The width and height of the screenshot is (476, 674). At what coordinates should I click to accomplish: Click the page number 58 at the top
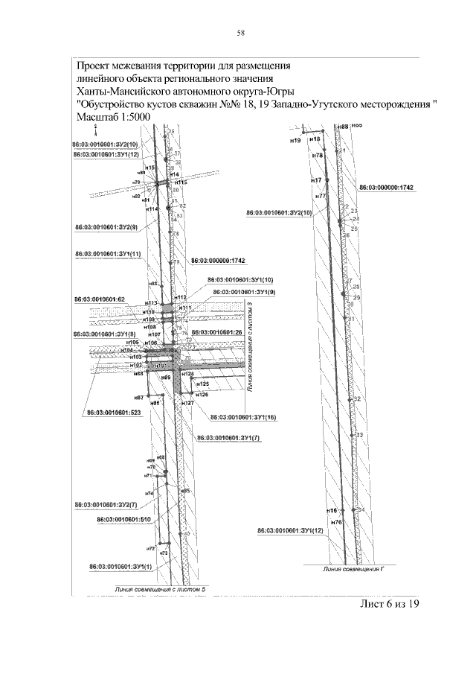(240, 33)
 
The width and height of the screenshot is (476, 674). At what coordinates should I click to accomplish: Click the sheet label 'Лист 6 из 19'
(390, 604)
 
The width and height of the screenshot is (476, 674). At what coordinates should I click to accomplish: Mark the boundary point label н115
(178, 182)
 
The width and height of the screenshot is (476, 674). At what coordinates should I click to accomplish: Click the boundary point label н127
(188, 403)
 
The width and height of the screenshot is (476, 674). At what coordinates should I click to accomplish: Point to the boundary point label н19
(295, 140)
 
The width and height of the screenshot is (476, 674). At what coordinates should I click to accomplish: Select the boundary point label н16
(332, 511)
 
